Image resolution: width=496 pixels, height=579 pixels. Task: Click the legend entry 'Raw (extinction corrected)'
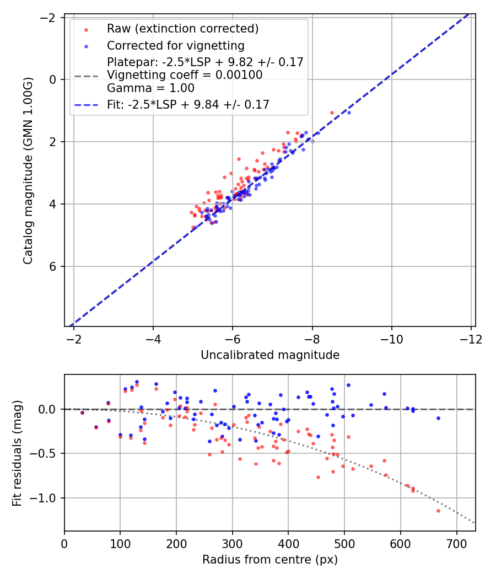[x=182, y=29]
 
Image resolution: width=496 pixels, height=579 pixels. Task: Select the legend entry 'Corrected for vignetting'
[x=175, y=45]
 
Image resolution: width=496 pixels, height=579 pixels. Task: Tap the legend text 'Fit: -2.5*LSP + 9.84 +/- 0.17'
[x=188, y=105]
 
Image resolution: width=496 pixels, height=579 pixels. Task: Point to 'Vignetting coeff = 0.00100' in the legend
[x=185, y=75]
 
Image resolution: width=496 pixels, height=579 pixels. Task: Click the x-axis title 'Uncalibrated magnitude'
[x=269, y=355]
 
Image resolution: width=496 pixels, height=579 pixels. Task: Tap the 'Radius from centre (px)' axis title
[x=269, y=560]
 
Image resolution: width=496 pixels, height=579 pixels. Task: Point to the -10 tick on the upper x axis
[x=392, y=339]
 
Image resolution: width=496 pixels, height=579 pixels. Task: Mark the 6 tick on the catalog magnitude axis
[x=54, y=266]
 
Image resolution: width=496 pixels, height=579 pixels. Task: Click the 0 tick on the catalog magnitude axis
[x=54, y=79]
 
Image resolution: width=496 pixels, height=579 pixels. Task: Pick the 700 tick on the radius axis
[x=456, y=543]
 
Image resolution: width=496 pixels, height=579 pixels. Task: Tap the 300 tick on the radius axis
[x=232, y=543]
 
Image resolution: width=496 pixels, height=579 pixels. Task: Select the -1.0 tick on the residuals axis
[x=46, y=498]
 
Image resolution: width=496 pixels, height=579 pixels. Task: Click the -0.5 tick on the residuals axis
[x=46, y=453]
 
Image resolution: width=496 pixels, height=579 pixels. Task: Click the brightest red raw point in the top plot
[x=332, y=112]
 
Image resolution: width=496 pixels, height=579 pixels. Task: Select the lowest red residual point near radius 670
[x=438, y=511]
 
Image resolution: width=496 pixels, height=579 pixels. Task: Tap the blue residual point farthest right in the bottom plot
[x=438, y=418]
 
